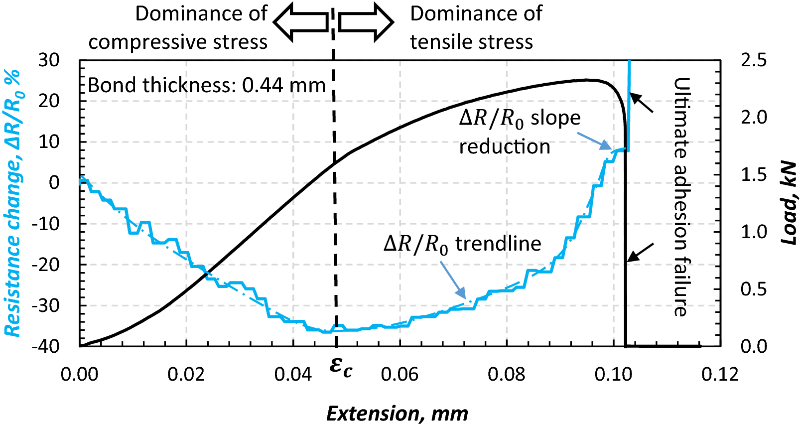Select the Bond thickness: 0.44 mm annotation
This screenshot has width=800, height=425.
206,86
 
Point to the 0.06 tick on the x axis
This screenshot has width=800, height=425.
400,374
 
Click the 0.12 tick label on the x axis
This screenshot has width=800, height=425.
720,374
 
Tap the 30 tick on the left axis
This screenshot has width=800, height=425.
49,60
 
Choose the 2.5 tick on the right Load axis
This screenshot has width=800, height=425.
754,60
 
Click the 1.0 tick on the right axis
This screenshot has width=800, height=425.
754,232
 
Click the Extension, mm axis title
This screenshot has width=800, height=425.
397,413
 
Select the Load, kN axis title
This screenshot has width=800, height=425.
789,203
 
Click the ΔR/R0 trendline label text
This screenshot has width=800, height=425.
462,244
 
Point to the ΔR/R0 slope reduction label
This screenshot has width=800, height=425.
519,132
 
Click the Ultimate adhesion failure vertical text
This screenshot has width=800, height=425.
681,197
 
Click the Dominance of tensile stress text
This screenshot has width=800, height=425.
476,28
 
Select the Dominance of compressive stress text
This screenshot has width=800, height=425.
178,28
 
